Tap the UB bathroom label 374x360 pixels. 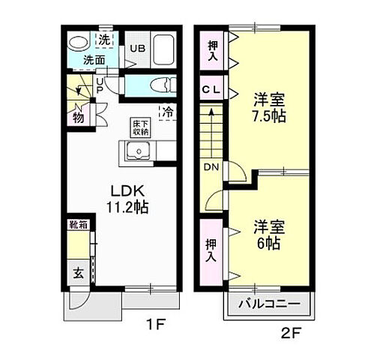pos(139,49)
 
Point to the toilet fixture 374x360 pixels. pos(154,86)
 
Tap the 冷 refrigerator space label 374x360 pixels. pos(168,112)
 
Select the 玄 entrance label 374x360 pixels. pos(78,273)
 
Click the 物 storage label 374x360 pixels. pos(78,115)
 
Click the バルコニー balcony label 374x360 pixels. pos(269,304)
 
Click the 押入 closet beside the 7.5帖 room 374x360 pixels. pos(213,51)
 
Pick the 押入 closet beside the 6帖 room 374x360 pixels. pos(213,249)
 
